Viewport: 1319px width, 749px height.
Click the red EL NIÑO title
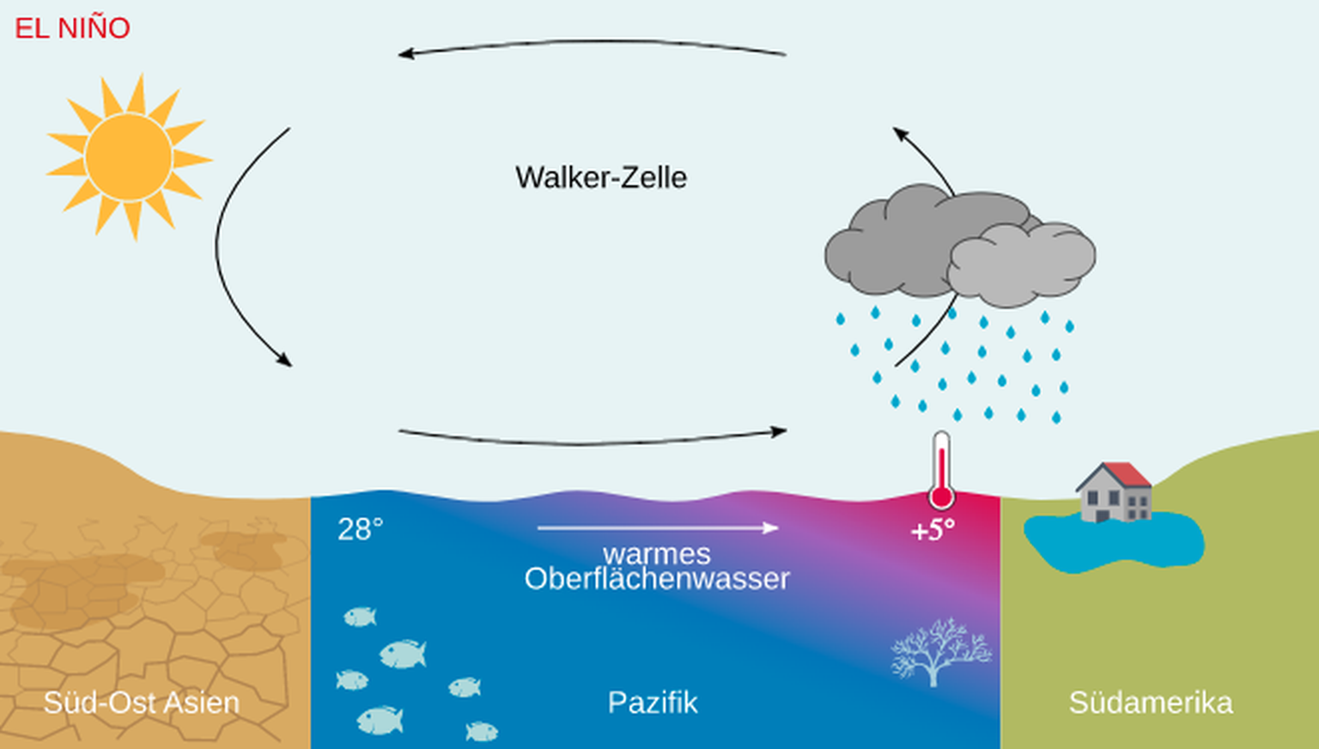pos(72,28)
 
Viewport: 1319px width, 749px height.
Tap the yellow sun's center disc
pos(129,157)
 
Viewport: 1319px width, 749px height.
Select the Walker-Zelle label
pos(600,178)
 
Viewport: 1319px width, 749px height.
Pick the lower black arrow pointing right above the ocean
pos(593,441)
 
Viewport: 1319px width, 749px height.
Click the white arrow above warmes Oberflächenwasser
pos(658,527)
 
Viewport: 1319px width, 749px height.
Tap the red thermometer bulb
pos(941,496)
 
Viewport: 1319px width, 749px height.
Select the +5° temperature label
pos(932,531)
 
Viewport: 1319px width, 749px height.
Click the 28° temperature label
pos(360,529)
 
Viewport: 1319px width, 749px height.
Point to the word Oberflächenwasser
pos(657,579)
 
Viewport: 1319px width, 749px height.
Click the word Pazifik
pos(653,703)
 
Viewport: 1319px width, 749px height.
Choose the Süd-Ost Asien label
pos(142,703)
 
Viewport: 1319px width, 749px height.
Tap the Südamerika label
pos(1150,703)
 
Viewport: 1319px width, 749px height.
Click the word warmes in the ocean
pos(657,554)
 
